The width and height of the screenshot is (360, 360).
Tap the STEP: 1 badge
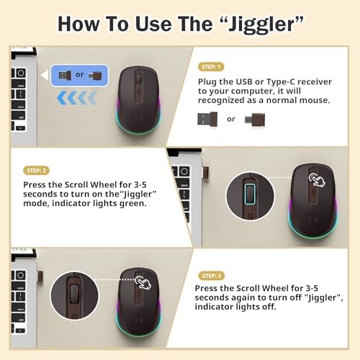click(x=210, y=66)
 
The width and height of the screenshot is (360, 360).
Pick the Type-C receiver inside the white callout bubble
click(x=96, y=75)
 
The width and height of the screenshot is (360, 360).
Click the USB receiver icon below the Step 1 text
click(x=208, y=119)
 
